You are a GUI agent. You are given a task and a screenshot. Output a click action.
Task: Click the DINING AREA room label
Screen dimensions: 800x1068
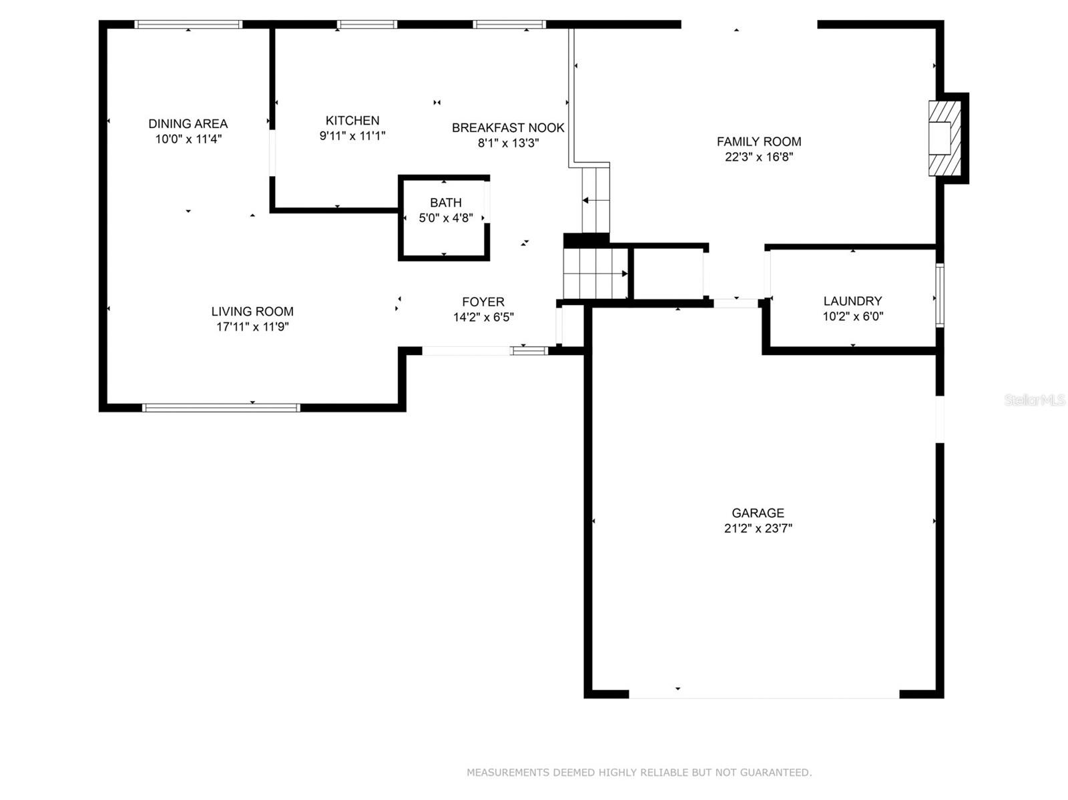188,123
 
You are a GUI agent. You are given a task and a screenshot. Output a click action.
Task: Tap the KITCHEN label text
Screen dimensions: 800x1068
352,120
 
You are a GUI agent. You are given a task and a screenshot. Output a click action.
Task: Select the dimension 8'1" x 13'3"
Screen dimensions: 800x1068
508,143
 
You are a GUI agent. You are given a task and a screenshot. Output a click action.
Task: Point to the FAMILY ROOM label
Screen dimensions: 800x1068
759,141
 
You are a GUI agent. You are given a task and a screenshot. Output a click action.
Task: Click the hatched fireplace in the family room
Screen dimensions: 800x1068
945,138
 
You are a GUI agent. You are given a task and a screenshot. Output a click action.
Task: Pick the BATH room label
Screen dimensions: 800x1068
445,202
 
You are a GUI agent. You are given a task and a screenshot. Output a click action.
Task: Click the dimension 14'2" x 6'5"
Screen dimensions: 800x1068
483,317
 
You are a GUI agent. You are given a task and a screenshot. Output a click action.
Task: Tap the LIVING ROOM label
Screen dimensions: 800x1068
252,311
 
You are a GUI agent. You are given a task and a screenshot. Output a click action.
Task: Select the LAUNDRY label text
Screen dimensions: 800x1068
852,301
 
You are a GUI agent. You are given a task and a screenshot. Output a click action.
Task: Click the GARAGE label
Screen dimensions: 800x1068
758,512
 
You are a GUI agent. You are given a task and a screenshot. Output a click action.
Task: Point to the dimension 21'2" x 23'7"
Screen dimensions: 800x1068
758,528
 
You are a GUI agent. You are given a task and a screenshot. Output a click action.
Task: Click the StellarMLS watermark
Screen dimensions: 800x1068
1034,400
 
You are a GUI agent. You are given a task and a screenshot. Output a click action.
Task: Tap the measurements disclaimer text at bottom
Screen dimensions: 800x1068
639,772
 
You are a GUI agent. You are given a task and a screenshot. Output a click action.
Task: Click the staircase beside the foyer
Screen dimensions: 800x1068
595,273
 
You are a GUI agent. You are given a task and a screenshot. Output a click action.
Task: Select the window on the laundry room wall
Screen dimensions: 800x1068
940,296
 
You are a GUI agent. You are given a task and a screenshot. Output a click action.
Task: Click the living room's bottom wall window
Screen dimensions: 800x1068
221,407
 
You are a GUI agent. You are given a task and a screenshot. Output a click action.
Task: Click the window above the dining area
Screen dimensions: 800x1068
188,25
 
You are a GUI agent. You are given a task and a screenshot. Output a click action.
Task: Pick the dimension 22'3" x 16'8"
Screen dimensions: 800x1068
759,157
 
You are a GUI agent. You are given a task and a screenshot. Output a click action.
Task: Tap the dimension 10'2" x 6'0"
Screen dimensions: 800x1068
852,317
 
